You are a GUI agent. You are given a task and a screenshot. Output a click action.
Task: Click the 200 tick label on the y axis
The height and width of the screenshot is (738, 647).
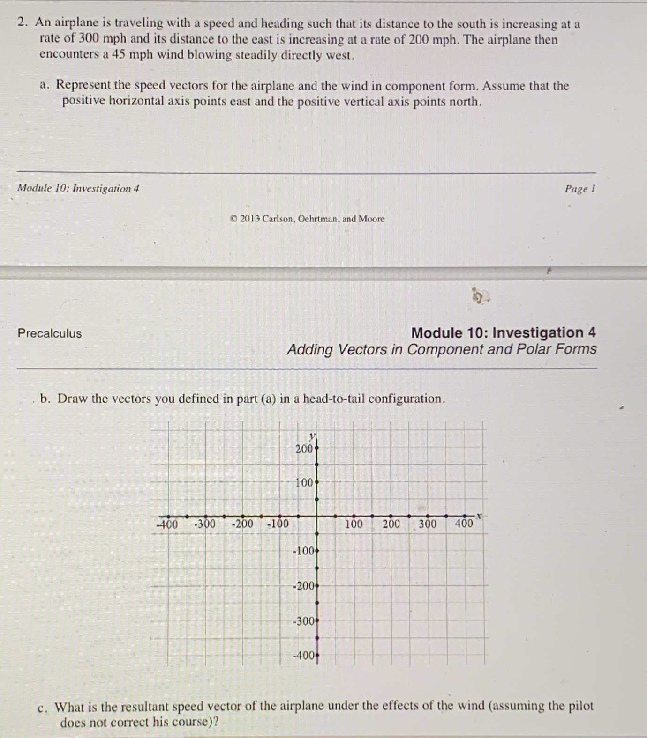(x=304, y=449)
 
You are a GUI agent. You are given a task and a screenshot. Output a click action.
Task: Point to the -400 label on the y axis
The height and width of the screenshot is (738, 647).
(x=303, y=656)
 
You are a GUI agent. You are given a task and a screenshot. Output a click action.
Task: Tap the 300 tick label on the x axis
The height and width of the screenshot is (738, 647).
(x=427, y=524)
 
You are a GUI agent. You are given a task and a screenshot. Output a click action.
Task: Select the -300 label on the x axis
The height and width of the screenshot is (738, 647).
(x=205, y=524)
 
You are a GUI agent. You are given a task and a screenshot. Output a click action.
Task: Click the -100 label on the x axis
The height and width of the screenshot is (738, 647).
(x=278, y=524)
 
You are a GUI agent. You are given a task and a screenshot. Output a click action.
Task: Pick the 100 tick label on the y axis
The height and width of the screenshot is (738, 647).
(x=304, y=483)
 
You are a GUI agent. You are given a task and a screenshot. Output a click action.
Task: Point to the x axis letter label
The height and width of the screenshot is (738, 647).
(x=479, y=516)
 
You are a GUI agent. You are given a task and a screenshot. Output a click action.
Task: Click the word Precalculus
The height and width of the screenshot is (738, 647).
(x=50, y=333)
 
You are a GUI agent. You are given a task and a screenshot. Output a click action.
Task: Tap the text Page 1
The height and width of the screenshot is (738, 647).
(x=579, y=189)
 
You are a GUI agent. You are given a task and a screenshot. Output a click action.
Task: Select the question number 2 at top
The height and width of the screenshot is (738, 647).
(x=21, y=22)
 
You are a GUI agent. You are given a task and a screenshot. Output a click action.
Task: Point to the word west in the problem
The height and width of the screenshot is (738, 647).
(x=339, y=56)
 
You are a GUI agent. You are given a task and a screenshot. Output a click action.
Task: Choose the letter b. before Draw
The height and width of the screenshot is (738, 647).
(x=45, y=399)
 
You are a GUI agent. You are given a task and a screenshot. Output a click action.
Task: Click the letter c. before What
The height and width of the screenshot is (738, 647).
(x=43, y=707)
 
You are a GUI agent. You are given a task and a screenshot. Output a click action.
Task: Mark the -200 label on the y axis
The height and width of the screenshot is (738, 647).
(x=303, y=586)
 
